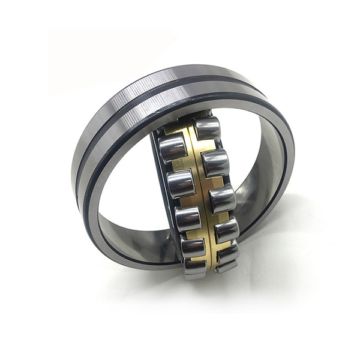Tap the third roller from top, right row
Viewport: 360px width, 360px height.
tap(223, 199)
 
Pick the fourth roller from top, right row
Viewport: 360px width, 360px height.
tap(226, 230)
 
